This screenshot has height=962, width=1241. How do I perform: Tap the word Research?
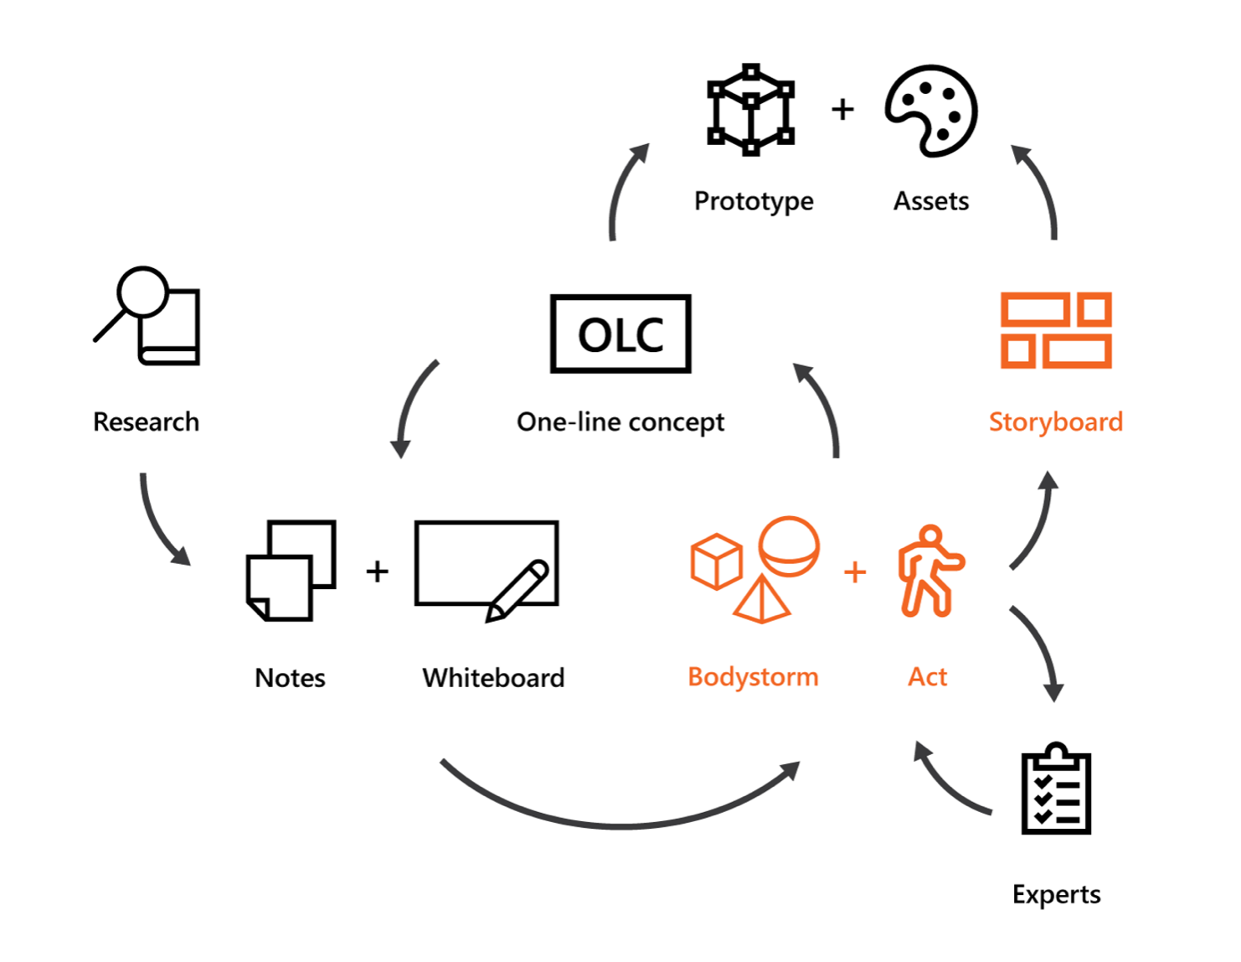pos(147,422)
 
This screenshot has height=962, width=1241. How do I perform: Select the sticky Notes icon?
pos(291,571)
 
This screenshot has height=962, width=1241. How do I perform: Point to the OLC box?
pos(620,334)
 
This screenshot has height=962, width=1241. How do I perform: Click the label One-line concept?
pos(620,422)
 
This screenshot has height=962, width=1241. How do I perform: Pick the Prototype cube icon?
pos(751,110)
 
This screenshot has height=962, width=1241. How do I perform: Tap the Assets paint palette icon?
pos(931,111)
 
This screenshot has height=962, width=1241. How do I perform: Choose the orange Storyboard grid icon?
pos(1056,330)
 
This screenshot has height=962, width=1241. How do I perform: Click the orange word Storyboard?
pos(1056,422)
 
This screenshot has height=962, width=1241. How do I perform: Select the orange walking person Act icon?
pos(929,572)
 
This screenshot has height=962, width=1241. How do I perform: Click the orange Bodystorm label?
pos(753,676)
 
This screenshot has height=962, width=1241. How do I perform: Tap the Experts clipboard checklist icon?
pos(1056,789)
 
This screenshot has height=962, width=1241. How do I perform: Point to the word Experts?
pos(1056,894)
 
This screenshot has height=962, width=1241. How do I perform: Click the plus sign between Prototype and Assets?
pos(842,109)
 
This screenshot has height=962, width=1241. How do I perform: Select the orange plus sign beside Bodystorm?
pos(854,572)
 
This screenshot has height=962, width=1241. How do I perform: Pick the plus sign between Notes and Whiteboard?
pos(377,571)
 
